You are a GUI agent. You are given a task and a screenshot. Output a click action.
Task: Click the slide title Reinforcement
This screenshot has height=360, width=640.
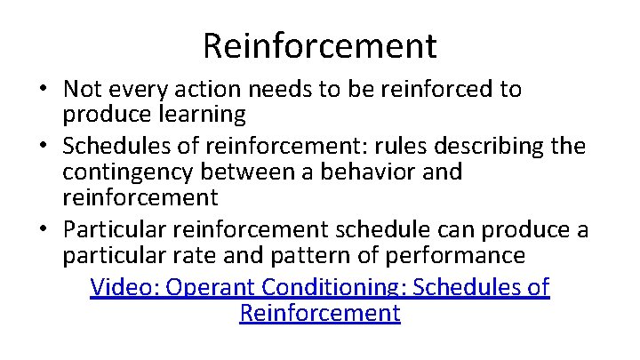[320, 45]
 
